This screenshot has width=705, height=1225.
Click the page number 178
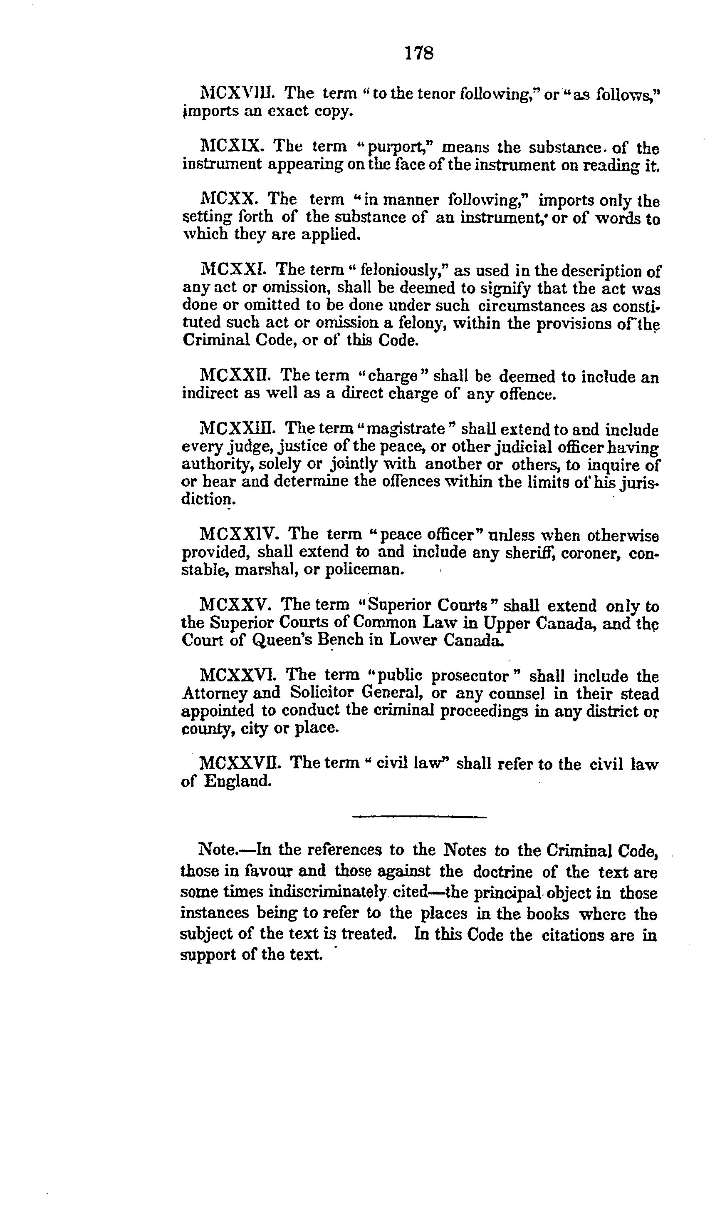(x=419, y=53)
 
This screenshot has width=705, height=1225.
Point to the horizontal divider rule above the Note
(x=419, y=817)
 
